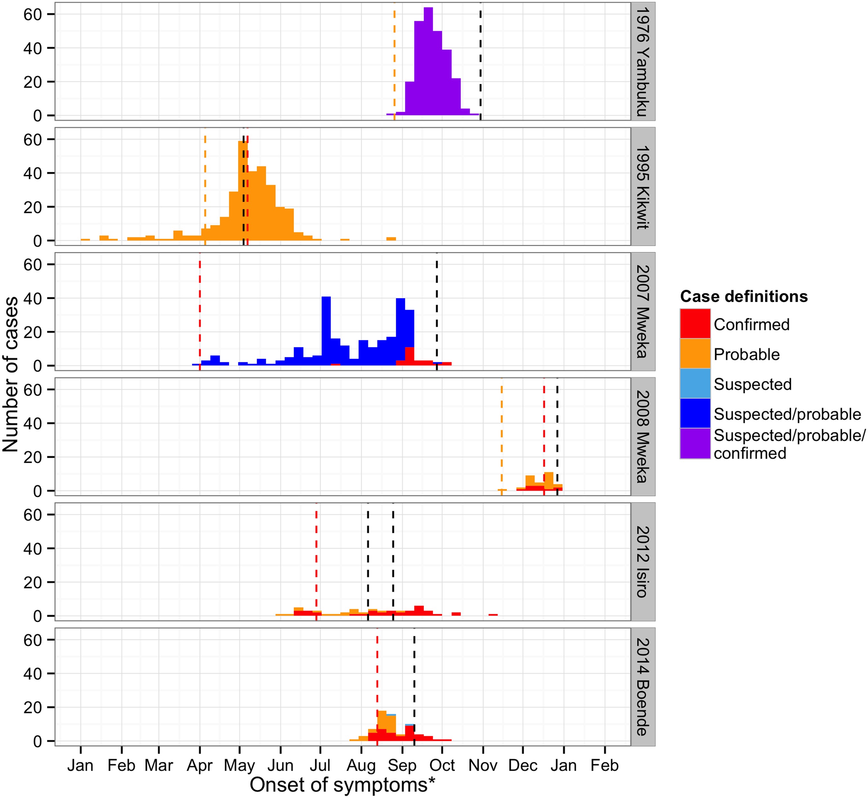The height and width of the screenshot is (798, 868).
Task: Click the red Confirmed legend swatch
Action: (x=695, y=323)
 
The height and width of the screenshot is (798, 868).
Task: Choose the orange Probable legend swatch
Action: (x=695, y=354)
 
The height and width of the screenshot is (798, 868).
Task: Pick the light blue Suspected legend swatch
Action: (x=695, y=383)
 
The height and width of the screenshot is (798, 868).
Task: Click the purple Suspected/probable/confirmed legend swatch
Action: (x=695, y=444)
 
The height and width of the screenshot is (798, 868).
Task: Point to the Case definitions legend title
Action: (x=744, y=296)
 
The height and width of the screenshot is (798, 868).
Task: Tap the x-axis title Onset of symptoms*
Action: (x=342, y=785)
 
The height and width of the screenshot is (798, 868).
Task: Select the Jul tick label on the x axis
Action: (x=320, y=766)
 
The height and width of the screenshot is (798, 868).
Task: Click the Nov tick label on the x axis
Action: (x=483, y=766)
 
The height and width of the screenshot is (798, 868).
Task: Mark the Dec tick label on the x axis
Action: (x=523, y=766)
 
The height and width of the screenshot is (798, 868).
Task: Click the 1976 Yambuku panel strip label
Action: (x=643, y=61)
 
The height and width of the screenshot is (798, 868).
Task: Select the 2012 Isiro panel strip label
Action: (x=643, y=562)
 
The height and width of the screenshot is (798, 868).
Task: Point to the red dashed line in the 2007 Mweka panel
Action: (x=200, y=311)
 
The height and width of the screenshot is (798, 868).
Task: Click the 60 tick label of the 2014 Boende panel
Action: (x=32, y=640)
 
